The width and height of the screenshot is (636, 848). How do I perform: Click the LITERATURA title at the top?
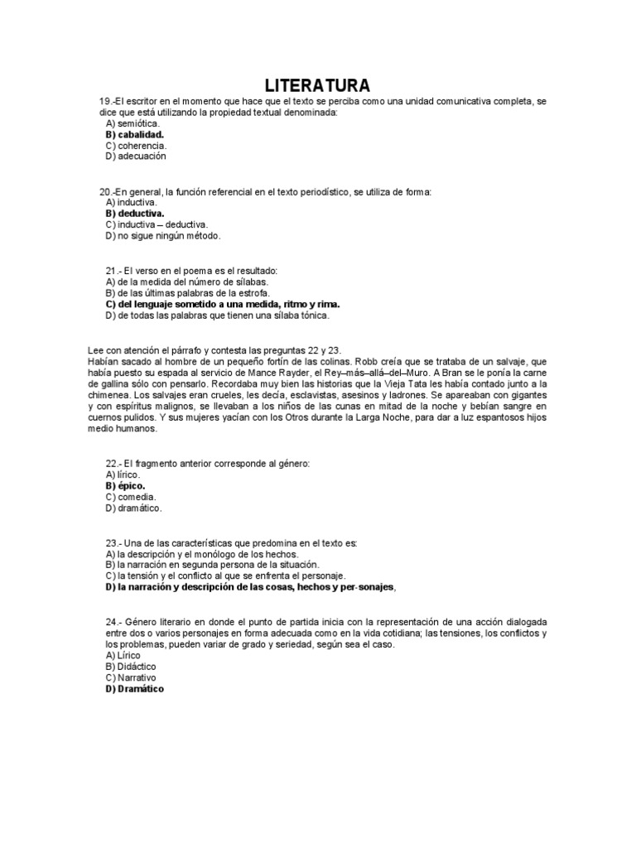point(317,85)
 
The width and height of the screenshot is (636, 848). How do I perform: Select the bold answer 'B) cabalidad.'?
point(135,134)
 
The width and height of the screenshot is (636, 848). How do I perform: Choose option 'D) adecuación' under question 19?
point(137,156)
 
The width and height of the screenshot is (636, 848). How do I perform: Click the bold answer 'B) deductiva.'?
point(135,214)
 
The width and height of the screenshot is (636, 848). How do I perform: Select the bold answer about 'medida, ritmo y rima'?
point(223,304)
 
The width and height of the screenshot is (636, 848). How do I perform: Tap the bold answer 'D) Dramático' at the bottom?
point(135,688)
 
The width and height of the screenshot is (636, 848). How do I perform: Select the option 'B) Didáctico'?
point(131,666)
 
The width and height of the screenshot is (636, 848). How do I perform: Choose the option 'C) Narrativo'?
point(131,677)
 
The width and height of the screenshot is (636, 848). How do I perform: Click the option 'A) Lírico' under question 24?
point(123,655)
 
